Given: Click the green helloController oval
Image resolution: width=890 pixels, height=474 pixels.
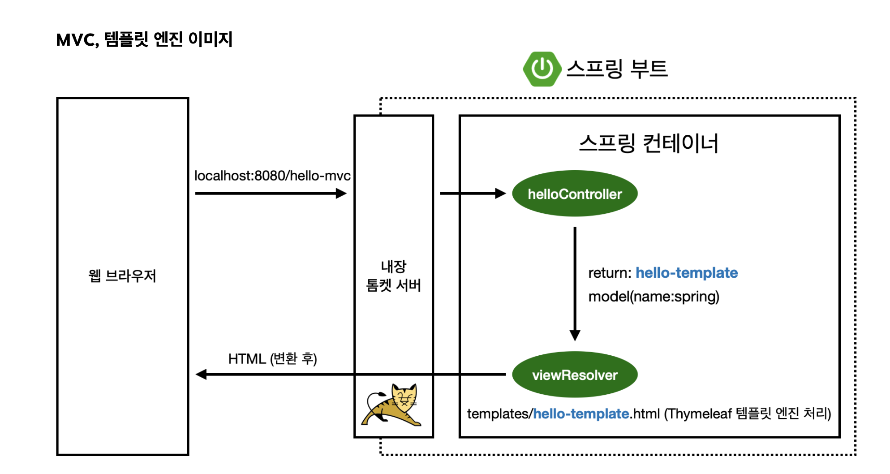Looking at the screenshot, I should (x=575, y=194).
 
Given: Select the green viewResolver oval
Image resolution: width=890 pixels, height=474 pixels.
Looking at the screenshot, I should (x=575, y=375).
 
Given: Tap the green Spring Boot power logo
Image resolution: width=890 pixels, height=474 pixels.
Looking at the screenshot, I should (x=542, y=69).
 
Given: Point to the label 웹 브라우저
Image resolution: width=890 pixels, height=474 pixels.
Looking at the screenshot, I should (x=122, y=276).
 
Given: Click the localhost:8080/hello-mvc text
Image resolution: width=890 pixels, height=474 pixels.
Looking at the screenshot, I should (x=272, y=176).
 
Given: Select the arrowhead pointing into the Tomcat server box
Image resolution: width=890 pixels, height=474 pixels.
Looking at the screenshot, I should (x=341, y=194).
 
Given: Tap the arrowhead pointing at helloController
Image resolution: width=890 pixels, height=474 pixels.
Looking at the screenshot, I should (x=500, y=194).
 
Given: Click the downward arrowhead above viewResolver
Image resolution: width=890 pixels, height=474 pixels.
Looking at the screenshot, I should (x=575, y=335).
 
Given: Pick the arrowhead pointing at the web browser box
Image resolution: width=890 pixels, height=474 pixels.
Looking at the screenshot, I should (x=202, y=375).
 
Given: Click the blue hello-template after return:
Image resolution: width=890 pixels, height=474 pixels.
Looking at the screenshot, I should (x=686, y=273).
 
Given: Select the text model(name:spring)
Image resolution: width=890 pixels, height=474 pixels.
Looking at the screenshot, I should (x=654, y=297).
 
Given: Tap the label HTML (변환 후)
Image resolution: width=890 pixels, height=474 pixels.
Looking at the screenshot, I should (x=272, y=358).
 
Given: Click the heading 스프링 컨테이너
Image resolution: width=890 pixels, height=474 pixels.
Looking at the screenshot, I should (x=649, y=143).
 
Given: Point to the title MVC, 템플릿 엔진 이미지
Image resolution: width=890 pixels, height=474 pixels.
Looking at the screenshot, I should (x=144, y=39).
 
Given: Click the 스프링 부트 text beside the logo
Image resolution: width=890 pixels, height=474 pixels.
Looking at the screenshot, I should (x=617, y=69).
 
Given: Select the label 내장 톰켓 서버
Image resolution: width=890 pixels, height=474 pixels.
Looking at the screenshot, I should (x=394, y=276).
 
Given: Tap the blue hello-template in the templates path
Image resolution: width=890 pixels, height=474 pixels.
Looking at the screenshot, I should (x=581, y=414).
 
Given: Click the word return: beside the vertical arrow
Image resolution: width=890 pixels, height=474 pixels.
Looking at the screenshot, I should (x=610, y=273).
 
